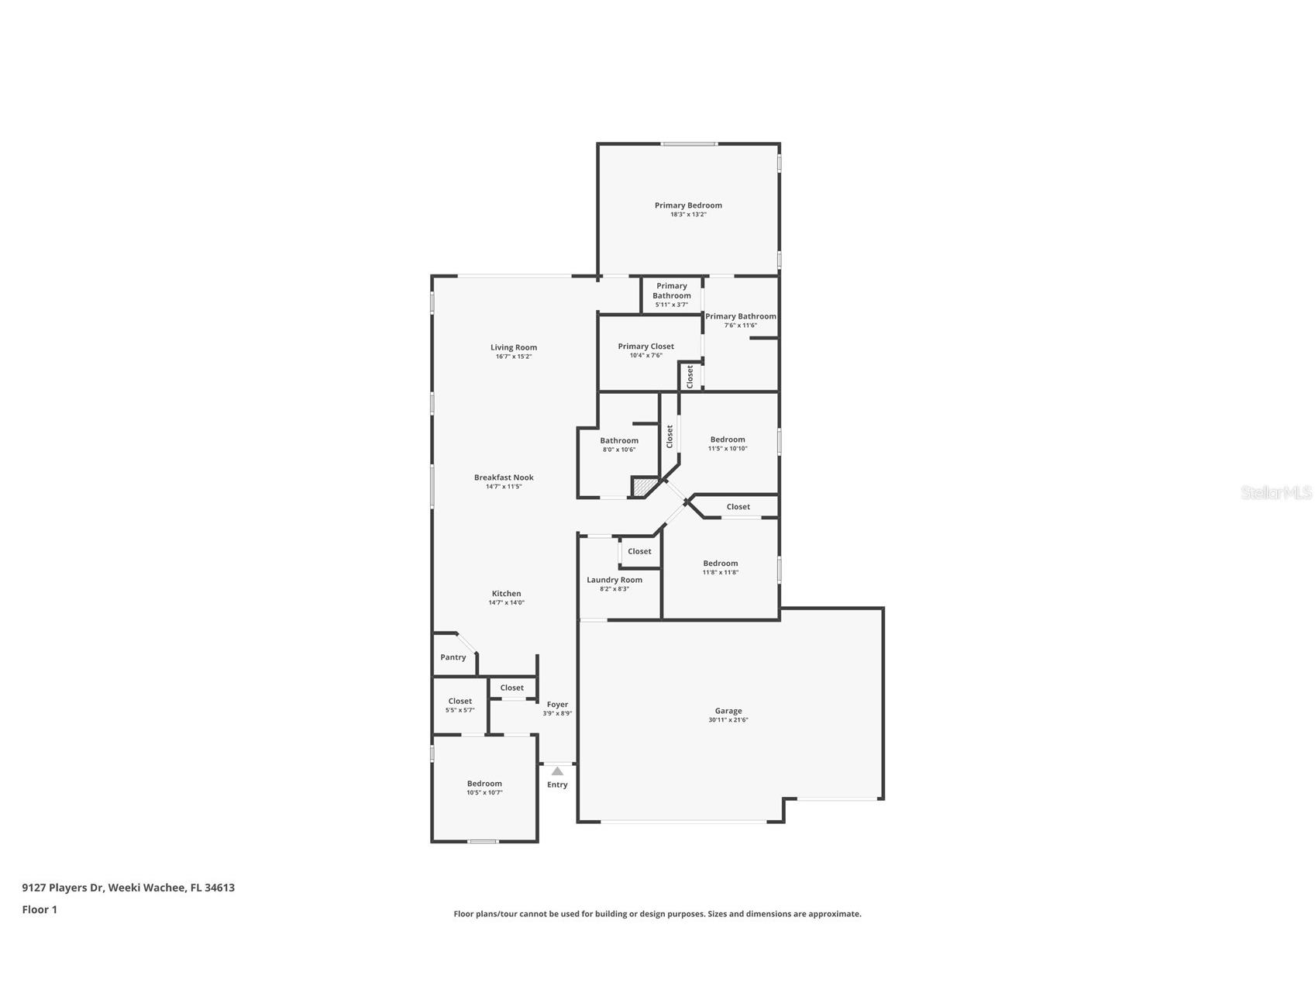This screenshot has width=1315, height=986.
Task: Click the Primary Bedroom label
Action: click(x=688, y=205)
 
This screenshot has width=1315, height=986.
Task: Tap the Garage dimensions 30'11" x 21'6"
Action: click(x=728, y=720)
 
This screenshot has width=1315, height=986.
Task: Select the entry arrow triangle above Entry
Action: click(x=557, y=771)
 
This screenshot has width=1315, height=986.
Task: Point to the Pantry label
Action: click(x=453, y=657)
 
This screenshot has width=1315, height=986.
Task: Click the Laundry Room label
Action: click(x=614, y=580)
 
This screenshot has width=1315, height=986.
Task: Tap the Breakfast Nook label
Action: click(x=504, y=477)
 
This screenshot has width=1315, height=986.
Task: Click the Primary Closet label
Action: click(x=645, y=346)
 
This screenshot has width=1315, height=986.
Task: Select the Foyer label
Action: click(x=557, y=705)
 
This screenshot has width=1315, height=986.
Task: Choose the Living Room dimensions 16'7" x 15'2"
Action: click(x=514, y=357)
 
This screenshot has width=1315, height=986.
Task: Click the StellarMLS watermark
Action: click(x=1275, y=492)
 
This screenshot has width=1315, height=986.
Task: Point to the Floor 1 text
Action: click(x=40, y=909)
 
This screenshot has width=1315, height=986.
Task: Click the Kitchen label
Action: click(x=506, y=594)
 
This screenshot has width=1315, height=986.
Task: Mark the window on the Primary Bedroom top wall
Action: click(x=688, y=143)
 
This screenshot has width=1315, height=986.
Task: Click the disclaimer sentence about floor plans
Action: click(x=657, y=914)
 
